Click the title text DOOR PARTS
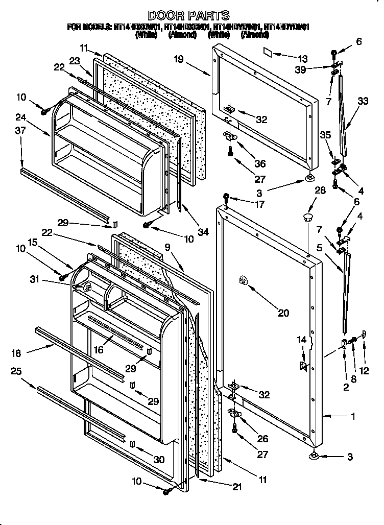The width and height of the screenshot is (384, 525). tap(188, 15)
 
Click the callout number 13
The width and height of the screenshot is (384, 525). tap(303, 58)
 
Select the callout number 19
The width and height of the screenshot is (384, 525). tap(178, 59)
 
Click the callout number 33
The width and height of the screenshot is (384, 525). tap(363, 102)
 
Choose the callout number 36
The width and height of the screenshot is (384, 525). tap(260, 163)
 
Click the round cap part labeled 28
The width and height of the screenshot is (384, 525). tap(307, 218)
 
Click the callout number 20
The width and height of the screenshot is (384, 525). tap(282, 313)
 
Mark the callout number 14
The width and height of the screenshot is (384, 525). tap(303, 339)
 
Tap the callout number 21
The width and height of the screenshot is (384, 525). tap(236, 487)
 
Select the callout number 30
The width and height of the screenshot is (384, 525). tap(159, 460)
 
